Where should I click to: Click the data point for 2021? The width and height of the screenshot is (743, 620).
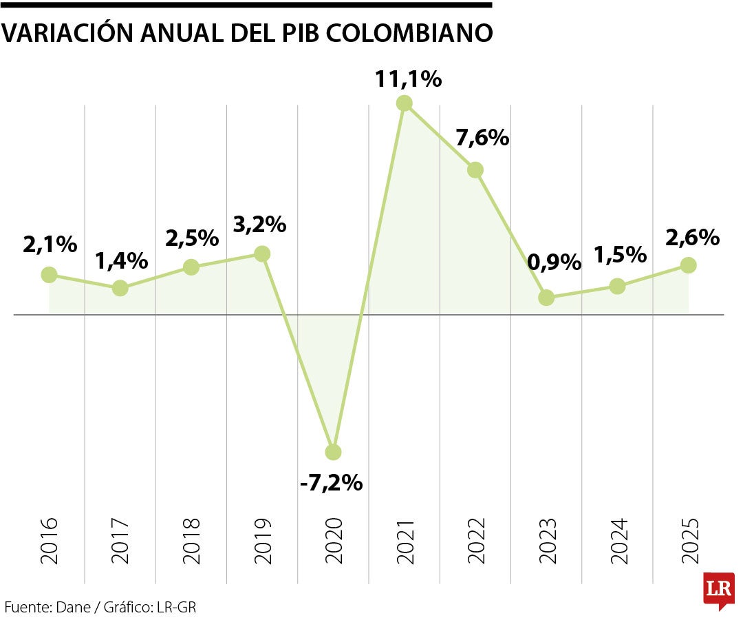(405, 103)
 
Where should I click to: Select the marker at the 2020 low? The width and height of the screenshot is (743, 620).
(333, 452)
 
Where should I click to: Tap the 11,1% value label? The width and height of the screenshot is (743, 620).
(408, 79)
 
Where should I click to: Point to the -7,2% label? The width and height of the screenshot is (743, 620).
(331, 483)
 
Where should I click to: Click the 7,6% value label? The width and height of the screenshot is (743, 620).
(482, 138)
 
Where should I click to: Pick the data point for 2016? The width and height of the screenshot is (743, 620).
(49, 275)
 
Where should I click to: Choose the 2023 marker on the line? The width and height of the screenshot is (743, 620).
(546, 298)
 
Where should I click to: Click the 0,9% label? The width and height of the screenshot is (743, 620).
(554, 262)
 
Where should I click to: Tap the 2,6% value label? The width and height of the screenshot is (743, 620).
(692, 238)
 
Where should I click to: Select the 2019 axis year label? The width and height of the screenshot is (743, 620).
(262, 541)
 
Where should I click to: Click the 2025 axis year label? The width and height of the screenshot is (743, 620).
(689, 541)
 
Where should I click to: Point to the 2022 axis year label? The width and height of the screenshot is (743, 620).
(475, 541)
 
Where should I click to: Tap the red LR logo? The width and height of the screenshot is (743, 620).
(718, 589)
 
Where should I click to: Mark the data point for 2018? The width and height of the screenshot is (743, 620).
(191, 267)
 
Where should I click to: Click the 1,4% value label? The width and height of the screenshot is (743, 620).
(121, 261)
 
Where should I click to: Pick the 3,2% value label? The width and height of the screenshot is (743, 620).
(259, 224)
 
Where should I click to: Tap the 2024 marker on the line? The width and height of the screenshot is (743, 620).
(617, 287)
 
